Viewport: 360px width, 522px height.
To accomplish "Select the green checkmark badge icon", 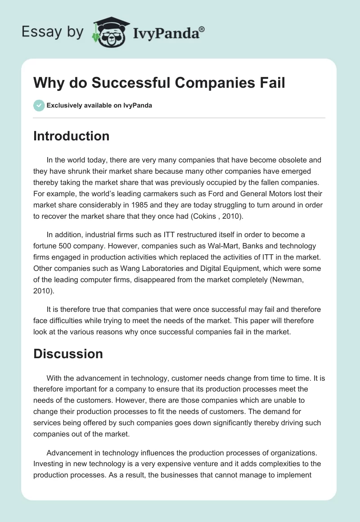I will (x=39, y=105).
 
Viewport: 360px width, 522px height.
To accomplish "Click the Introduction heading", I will (x=71, y=136).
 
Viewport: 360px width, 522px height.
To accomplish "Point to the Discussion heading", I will (x=68, y=354).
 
